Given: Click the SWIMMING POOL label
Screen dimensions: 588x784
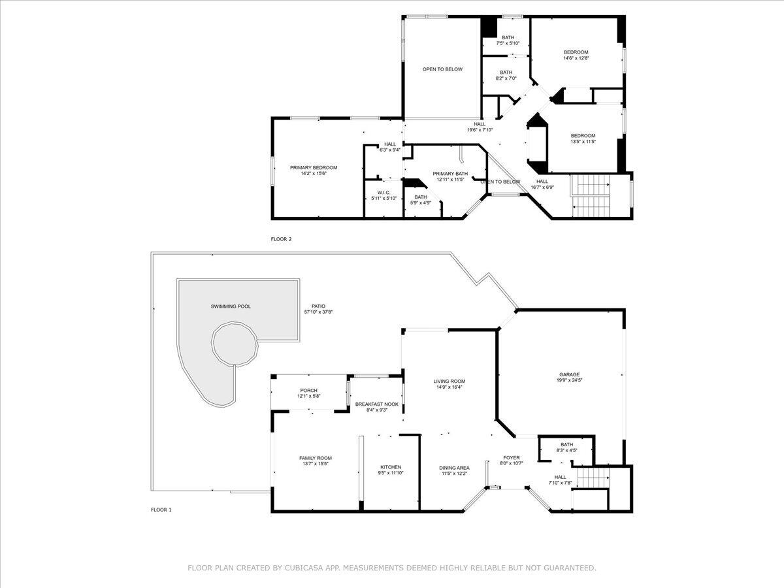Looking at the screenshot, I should (231, 306).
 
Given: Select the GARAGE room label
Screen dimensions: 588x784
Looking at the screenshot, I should (569, 375).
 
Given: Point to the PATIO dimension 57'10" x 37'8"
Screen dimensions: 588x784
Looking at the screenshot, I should (318, 312).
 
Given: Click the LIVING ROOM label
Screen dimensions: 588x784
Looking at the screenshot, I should (449, 382).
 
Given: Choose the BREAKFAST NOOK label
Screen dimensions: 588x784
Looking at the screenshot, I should (376, 404).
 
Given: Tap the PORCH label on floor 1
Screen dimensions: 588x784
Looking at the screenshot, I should (308, 391).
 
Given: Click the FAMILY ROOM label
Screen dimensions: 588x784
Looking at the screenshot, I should (316, 458).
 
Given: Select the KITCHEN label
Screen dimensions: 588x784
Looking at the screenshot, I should (391, 467).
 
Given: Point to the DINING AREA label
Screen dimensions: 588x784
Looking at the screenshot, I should (454, 468).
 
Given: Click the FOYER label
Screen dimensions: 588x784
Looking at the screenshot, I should (511, 458).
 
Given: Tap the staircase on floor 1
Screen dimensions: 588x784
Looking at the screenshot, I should (593, 478).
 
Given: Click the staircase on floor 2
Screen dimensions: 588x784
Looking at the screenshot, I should (590, 196).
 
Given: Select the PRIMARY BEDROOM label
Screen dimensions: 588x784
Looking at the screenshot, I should (314, 168).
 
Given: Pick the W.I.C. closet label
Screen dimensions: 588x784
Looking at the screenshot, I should (384, 193).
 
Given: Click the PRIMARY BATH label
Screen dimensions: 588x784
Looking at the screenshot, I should (450, 174).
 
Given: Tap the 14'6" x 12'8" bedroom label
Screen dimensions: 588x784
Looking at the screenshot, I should (576, 52).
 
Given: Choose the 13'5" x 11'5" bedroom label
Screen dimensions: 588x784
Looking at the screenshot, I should (583, 136).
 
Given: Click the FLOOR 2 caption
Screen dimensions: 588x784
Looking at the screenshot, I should (281, 239).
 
